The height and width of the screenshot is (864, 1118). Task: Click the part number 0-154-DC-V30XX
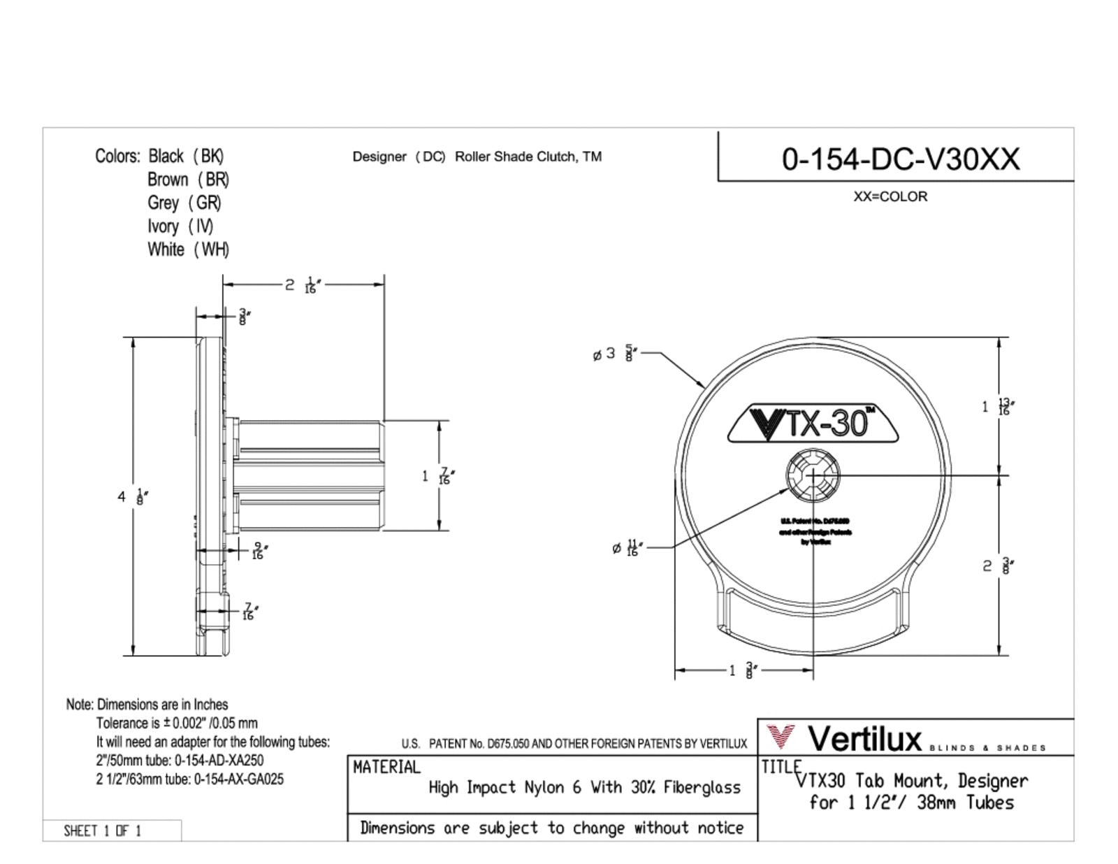(x=900, y=159)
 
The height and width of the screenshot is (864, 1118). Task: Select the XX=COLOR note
(x=890, y=197)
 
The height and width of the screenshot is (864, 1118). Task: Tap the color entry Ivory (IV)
(x=180, y=226)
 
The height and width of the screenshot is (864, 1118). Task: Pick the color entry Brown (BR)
(x=188, y=180)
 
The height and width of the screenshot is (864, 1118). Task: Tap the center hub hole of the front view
(x=813, y=475)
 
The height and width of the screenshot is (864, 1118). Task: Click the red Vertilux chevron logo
(x=781, y=737)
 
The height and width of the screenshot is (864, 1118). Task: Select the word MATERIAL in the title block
(x=386, y=768)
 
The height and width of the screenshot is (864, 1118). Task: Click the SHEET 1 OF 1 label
(x=103, y=830)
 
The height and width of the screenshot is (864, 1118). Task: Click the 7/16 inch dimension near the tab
(x=248, y=612)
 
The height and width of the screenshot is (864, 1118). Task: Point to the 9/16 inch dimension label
(x=258, y=551)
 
